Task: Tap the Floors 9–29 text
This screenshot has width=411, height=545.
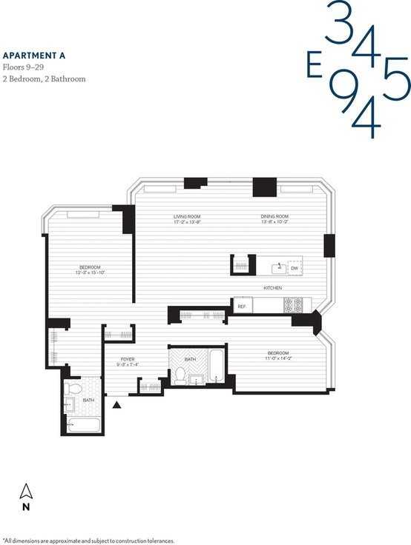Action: tap(23, 67)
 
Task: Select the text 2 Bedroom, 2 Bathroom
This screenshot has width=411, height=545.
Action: tap(45, 78)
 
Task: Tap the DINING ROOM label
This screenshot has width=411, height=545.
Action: tap(274, 216)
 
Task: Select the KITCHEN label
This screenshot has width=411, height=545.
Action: tap(272, 287)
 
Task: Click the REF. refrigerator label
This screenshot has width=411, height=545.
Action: tap(241, 304)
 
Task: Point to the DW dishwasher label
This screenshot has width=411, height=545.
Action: tap(294, 269)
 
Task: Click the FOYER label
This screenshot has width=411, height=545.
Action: tap(128, 359)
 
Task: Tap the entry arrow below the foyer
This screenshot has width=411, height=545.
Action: tap(116, 404)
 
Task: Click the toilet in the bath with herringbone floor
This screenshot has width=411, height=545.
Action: tap(180, 375)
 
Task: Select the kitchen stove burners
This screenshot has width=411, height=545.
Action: tap(294, 304)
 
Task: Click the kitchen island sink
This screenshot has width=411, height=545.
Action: tap(280, 265)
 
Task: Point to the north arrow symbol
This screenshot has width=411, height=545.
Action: tap(26, 492)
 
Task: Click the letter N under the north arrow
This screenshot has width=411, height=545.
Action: tap(26, 507)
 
